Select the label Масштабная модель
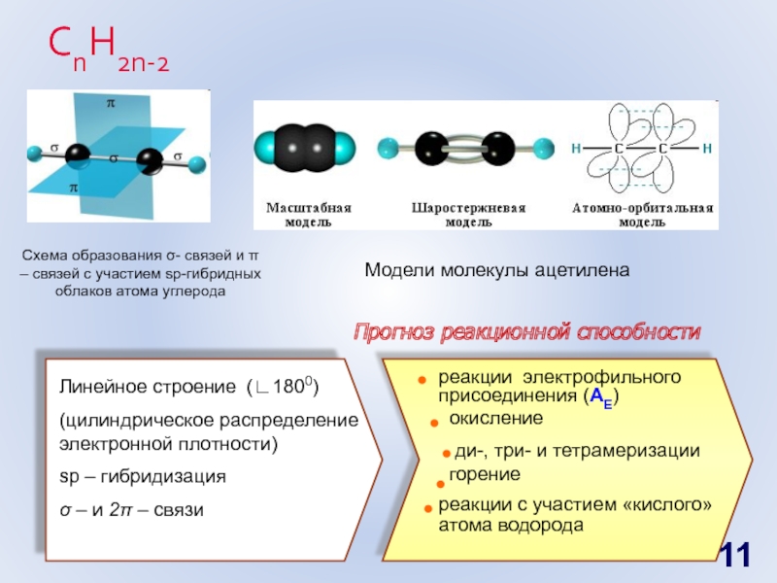click(x=309, y=215)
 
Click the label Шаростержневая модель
click(x=468, y=215)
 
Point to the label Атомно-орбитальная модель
click(x=642, y=215)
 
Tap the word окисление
click(x=495, y=417)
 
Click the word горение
click(x=485, y=473)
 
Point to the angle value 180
click(x=289, y=388)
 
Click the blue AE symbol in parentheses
click(x=602, y=397)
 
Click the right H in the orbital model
click(x=708, y=149)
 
